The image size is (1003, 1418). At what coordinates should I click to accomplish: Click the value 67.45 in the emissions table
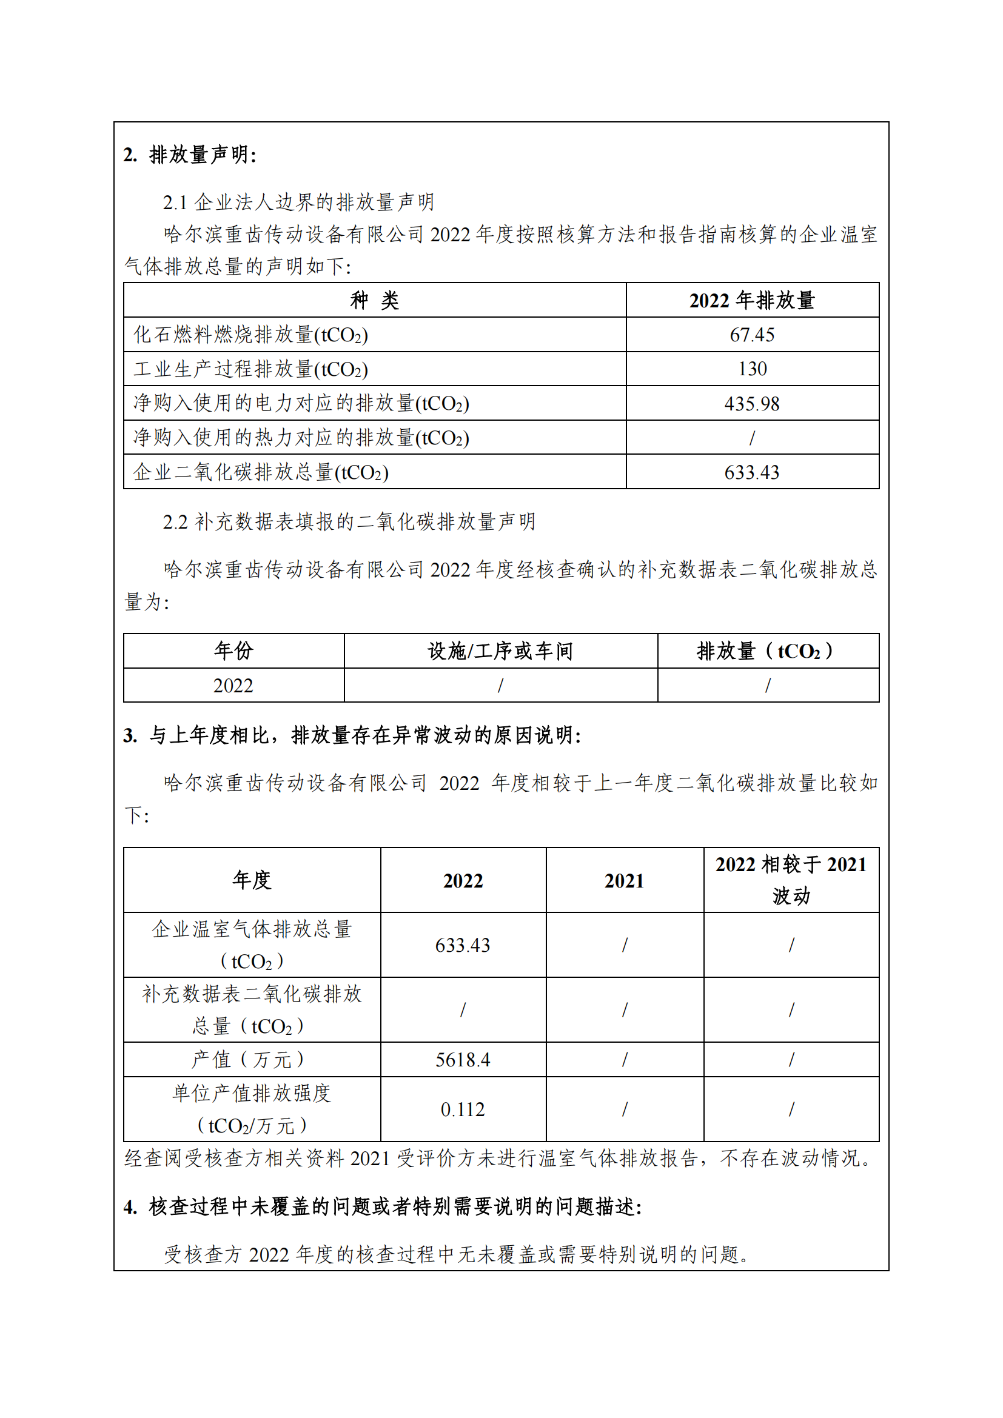coord(751,335)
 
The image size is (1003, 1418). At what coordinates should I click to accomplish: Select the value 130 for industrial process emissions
coord(751,369)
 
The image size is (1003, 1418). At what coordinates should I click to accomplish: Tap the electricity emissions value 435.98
coord(751,403)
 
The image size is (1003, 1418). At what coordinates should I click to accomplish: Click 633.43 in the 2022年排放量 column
coord(751,472)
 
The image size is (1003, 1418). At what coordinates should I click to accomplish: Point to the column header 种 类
coord(374,301)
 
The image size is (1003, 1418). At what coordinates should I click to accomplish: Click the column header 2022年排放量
coord(751,301)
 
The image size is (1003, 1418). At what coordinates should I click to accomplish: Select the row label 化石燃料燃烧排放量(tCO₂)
coord(251,335)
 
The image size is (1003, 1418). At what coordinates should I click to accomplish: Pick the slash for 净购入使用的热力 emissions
coord(751,438)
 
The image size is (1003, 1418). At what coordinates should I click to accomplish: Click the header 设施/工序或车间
coord(500,651)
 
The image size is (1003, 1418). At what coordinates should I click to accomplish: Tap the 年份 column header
coord(233,651)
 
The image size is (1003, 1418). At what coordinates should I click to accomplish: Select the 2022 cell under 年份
coord(233,686)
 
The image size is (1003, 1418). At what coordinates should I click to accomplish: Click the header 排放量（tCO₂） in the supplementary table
coord(767,651)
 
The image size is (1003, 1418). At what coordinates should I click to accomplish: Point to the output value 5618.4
coord(463,1060)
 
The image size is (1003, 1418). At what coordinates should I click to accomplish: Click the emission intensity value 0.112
coord(463,1109)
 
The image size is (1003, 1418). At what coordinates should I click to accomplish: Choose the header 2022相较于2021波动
coord(791,880)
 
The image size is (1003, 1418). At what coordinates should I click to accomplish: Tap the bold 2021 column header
coord(624,881)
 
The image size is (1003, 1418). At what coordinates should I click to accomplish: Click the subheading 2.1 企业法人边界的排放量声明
coord(298,202)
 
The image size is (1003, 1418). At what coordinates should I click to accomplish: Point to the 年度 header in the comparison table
coord(252,880)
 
